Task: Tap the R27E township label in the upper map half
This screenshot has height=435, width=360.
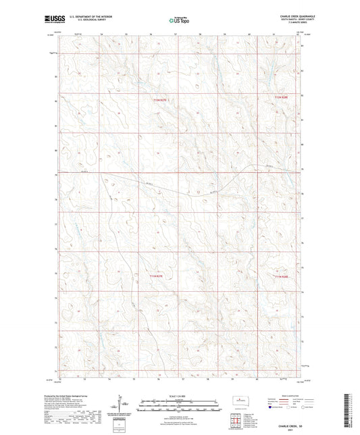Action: pyautogui.click(x=157, y=100)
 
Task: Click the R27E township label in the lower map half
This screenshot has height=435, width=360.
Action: pyautogui.click(x=157, y=276)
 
